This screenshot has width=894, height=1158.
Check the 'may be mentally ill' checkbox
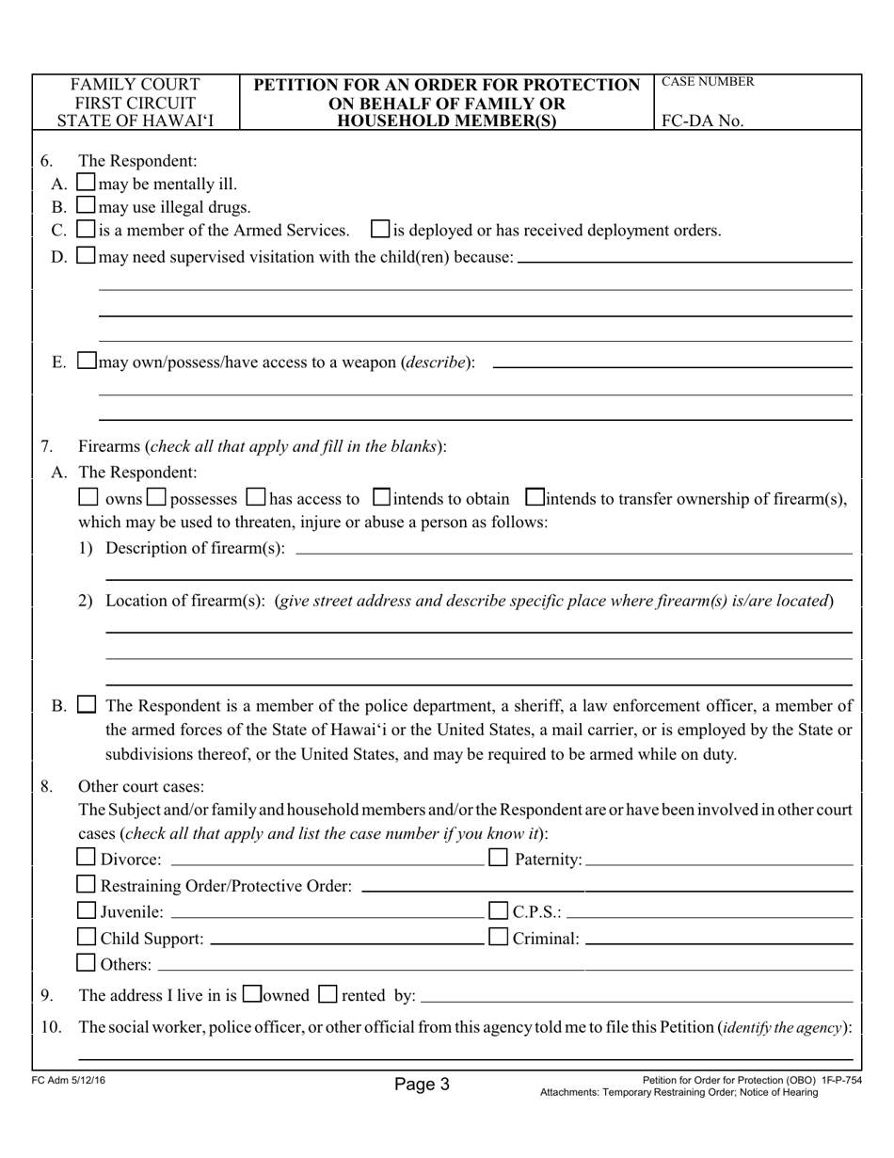click(x=86, y=183)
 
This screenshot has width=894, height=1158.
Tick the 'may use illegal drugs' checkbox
click(x=86, y=205)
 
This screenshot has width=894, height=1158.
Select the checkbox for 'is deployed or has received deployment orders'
click(x=381, y=229)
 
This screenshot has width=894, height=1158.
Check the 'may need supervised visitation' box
click(x=86, y=255)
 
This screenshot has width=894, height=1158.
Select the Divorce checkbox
click(x=87, y=858)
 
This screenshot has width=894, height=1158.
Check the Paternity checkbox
click(x=498, y=858)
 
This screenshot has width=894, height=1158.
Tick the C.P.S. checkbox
click(x=498, y=910)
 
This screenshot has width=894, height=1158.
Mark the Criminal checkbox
click(x=498, y=937)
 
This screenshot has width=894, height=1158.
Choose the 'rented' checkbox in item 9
click(x=327, y=993)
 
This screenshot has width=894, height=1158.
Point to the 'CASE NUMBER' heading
click(x=708, y=82)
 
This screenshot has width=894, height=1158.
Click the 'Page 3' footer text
click(x=423, y=1085)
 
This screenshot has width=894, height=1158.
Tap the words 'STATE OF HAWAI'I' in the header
click(x=136, y=121)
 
